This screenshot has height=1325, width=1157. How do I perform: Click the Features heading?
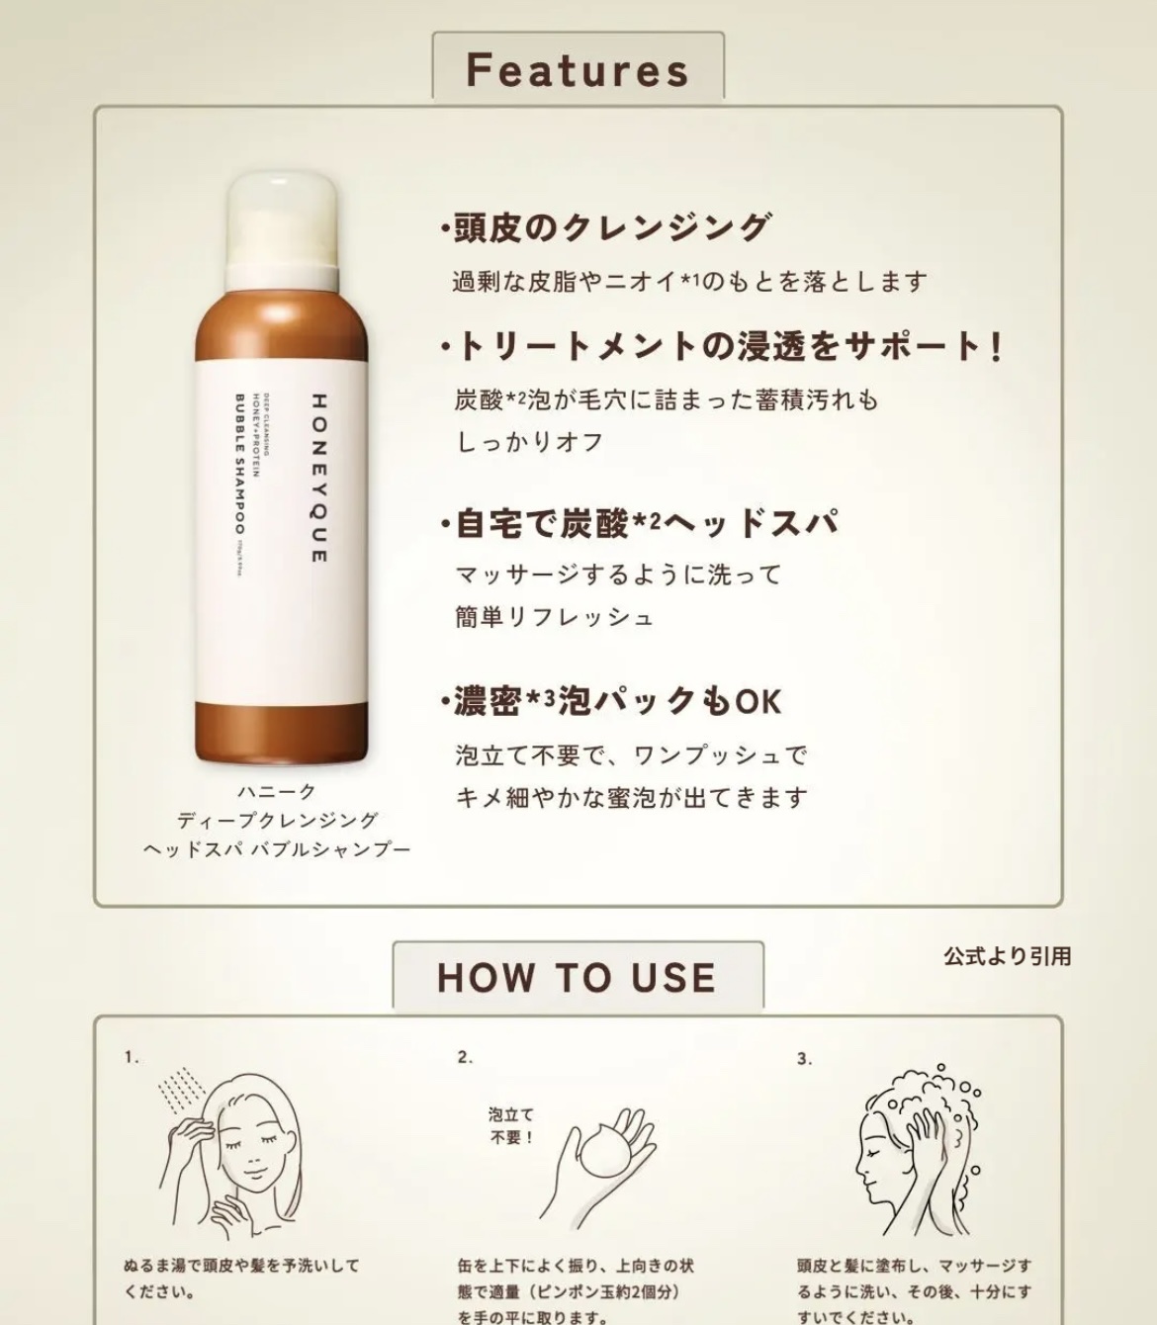click(x=578, y=69)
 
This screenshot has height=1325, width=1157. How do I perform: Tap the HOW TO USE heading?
click(x=577, y=977)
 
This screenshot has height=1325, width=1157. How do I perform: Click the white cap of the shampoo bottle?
click(x=283, y=222)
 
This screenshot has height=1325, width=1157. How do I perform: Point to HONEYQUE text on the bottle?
click(x=318, y=479)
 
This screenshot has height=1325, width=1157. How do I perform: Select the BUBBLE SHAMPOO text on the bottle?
click(x=240, y=464)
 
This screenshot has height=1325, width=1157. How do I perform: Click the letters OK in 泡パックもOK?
click(x=758, y=702)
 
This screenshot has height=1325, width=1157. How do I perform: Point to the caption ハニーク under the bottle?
click(x=276, y=791)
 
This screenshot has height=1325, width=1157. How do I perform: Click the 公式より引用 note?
click(x=1007, y=956)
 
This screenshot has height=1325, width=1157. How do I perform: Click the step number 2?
click(x=465, y=1058)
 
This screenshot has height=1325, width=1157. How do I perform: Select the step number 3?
click(x=804, y=1059)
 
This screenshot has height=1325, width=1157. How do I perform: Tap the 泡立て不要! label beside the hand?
click(x=511, y=1126)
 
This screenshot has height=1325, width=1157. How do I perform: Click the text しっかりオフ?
click(x=530, y=442)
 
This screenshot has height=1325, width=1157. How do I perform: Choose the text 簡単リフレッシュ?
click(x=555, y=618)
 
